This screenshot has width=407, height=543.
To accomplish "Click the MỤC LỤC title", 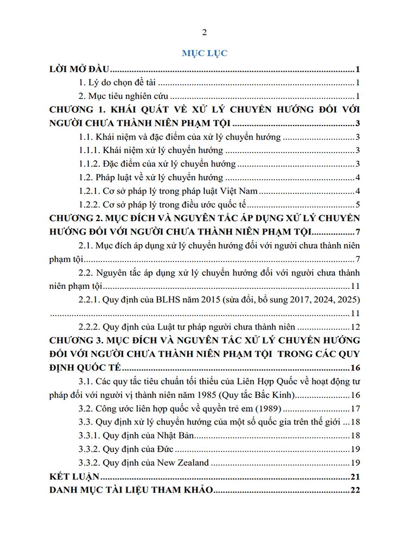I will point(204,53).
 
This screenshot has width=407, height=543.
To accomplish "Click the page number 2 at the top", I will point(204,32).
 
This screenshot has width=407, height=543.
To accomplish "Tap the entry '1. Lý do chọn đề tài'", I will point(117,83).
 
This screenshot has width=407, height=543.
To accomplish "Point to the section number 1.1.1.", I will point(91,150).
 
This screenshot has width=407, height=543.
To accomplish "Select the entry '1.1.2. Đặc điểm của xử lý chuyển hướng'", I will point(157,164).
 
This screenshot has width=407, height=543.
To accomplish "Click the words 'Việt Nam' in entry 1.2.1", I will point(239,191).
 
